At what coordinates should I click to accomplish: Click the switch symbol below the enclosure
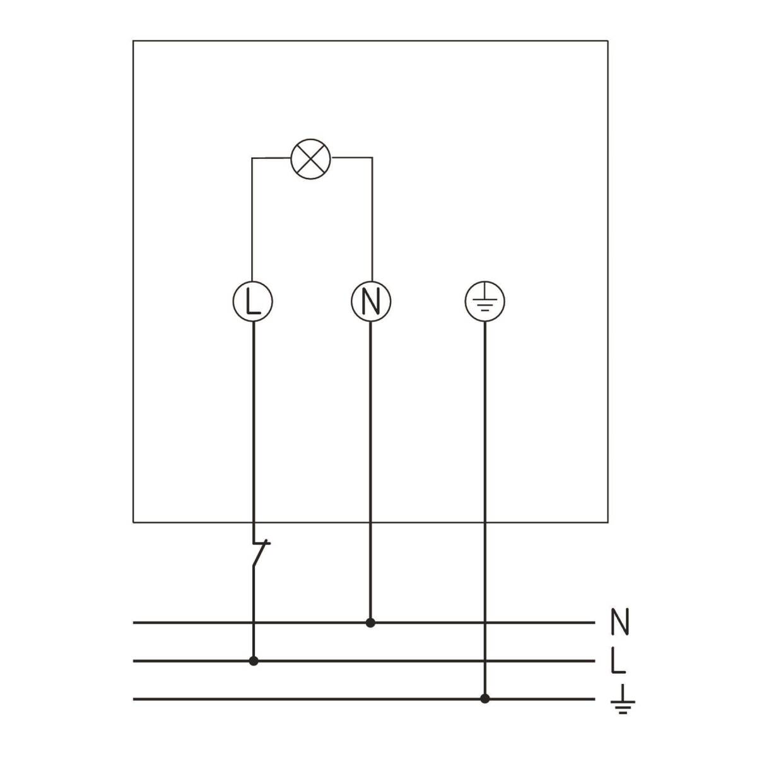tap(259, 554)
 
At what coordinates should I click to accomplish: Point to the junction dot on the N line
tap(371, 623)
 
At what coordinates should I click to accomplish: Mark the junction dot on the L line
tap(254, 661)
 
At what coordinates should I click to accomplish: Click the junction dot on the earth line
tap(484, 698)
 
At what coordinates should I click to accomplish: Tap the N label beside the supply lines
tap(620, 622)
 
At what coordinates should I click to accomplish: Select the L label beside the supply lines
tap(618, 661)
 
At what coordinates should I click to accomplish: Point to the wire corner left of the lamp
tap(252, 158)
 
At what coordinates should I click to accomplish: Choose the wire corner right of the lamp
tap(372, 158)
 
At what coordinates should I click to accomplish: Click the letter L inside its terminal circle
tap(252, 303)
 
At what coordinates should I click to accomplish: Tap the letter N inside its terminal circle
tap(371, 303)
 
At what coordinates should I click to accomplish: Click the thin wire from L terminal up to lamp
tap(252, 221)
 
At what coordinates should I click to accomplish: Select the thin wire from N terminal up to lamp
tap(372, 221)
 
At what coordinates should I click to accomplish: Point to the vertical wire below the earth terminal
tap(484, 505)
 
